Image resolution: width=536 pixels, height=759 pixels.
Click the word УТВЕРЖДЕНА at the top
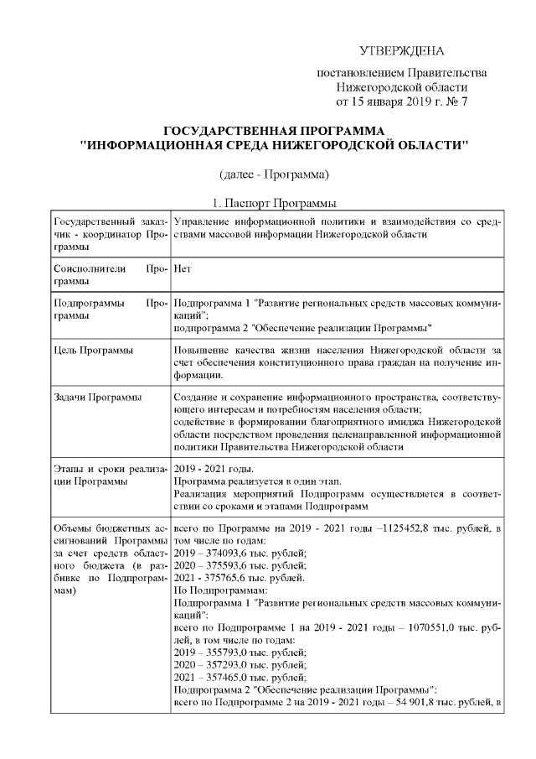click(x=401, y=52)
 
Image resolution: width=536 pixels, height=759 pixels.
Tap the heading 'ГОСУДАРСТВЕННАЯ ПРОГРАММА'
click(x=273, y=132)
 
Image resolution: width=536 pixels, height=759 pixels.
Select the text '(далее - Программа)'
click(x=273, y=174)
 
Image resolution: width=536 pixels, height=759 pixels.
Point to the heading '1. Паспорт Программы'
click(x=273, y=203)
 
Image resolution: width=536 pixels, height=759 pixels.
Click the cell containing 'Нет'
click(x=182, y=270)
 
